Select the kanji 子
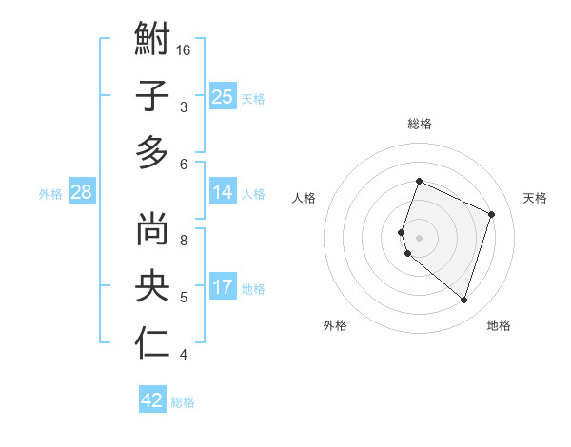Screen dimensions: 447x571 click(152, 97)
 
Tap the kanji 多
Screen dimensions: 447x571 click(152, 152)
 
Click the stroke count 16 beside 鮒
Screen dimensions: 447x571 click(185, 49)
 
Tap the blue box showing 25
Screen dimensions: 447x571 click(222, 96)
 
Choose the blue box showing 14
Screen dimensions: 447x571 click(222, 192)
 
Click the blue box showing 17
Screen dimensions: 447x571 click(222, 287)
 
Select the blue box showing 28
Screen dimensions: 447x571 click(82, 192)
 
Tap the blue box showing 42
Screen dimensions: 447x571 click(152, 400)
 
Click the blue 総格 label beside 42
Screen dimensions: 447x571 click(183, 402)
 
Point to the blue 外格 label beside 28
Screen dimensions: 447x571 click(50, 194)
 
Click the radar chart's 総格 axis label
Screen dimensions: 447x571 click(419, 124)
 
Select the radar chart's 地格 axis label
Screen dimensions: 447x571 click(499, 326)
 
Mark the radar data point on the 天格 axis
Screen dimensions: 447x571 click(491, 214)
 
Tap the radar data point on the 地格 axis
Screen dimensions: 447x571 click(463, 300)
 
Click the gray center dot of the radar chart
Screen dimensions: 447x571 click(419, 238)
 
